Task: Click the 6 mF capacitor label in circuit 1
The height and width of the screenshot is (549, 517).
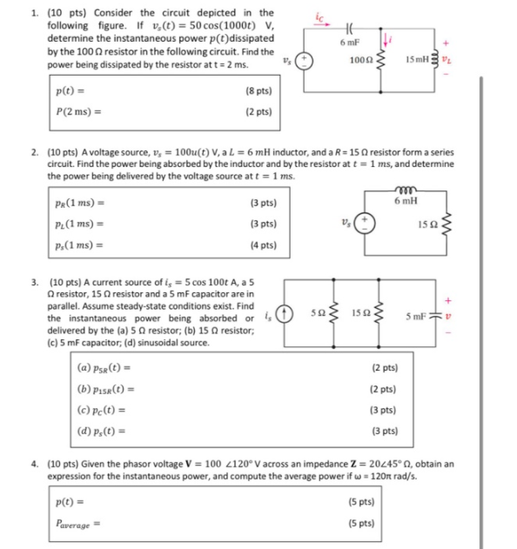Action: coord(346,43)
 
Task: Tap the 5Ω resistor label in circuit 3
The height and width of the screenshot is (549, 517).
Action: coord(318,310)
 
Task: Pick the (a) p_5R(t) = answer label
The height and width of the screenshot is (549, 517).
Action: coord(108,368)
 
